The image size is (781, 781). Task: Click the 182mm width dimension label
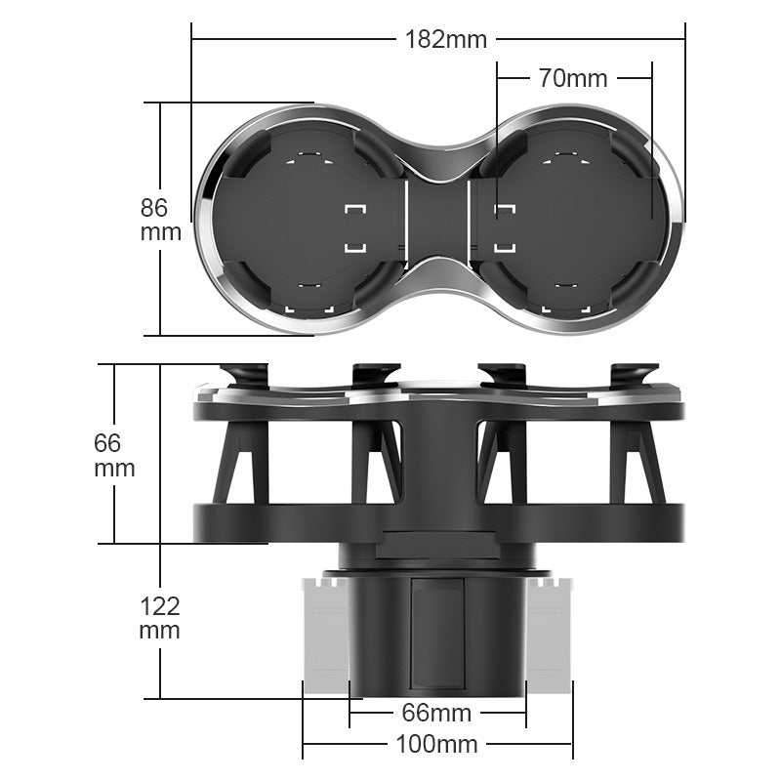(x=445, y=39)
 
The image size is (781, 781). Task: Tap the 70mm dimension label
(x=573, y=78)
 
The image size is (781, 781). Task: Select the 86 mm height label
(x=160, y=220)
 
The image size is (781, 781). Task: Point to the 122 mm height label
(x=159, y=617)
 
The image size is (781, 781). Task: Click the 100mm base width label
(x=436, y=745)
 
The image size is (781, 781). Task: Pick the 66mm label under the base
(x=436, y=713)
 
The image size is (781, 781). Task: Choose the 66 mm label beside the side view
(x=114, y=454)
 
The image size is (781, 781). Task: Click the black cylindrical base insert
(x=436, y=635)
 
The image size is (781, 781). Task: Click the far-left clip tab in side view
(x=244, y=374)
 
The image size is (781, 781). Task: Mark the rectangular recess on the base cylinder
(x=436, y=630)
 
